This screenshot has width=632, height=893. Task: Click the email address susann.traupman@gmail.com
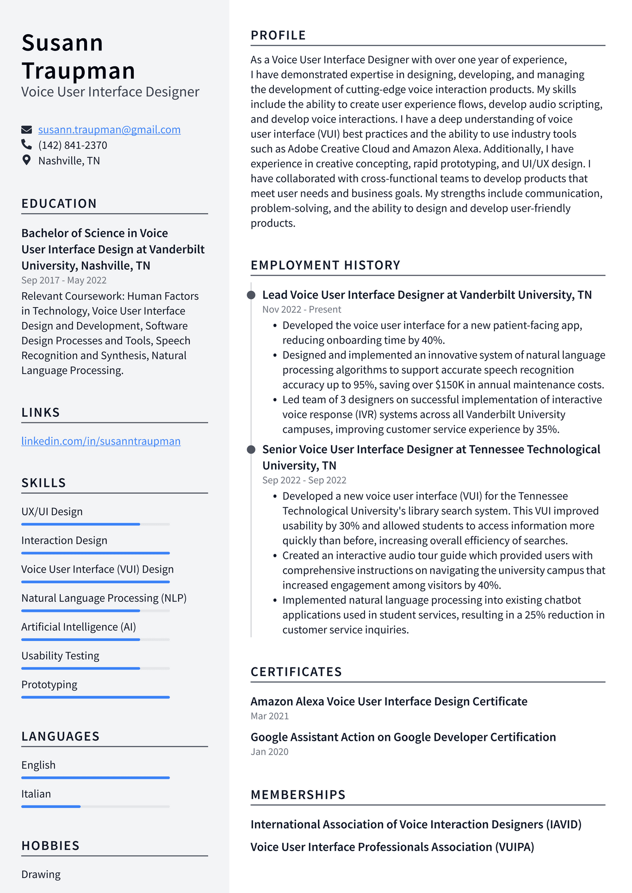(109, 130)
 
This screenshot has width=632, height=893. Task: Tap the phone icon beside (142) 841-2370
(26, 145)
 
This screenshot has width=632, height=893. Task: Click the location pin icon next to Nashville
(26, 160)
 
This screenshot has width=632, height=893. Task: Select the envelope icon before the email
(26, 129)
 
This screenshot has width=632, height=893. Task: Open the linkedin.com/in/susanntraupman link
(101, 441)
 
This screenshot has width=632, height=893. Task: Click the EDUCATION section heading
(59, 203)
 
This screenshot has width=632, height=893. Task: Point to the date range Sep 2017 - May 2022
(64, 280)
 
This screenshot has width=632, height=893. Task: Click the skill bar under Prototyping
(95, 697)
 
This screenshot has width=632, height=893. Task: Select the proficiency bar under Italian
(95, 807)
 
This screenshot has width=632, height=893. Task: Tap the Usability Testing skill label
(60, 656)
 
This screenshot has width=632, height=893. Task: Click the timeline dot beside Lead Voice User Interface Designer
(251, 295)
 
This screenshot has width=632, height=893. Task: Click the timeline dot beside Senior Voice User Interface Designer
(251, 450)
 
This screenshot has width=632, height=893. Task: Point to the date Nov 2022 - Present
(302, 309)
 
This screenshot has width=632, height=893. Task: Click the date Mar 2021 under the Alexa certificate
(270, 716)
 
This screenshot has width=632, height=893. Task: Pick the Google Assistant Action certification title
(403, 737)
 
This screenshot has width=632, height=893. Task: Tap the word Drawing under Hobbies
(41, 875)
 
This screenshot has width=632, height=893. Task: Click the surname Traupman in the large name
(78, 71)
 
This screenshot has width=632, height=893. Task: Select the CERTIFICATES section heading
(296, 672)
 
